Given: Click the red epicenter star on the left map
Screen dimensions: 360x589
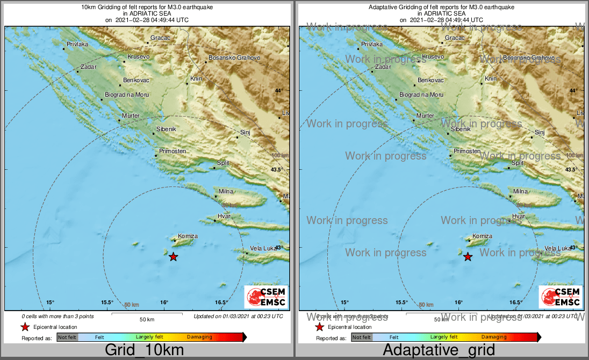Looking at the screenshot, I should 173,257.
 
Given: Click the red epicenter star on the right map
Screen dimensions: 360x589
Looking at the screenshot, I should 468,257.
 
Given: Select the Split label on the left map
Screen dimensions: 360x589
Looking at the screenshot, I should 223,163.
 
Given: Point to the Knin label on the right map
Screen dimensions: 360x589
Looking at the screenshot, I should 491,79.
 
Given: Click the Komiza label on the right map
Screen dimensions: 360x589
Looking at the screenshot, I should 482,236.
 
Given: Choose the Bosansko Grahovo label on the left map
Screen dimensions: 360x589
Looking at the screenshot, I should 234,57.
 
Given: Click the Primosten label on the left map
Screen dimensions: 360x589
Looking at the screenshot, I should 172,152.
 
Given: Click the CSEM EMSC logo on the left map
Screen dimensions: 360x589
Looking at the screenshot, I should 266,297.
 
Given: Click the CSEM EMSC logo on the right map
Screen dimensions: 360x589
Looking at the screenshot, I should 561,297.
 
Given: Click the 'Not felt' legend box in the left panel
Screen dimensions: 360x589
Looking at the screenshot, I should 67,337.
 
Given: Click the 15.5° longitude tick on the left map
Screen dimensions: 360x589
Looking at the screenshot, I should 107,303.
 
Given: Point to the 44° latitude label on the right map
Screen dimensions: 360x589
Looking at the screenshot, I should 573,91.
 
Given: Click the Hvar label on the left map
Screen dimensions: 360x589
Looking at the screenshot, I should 224,216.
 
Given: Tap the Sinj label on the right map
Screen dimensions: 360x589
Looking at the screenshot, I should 540,132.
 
